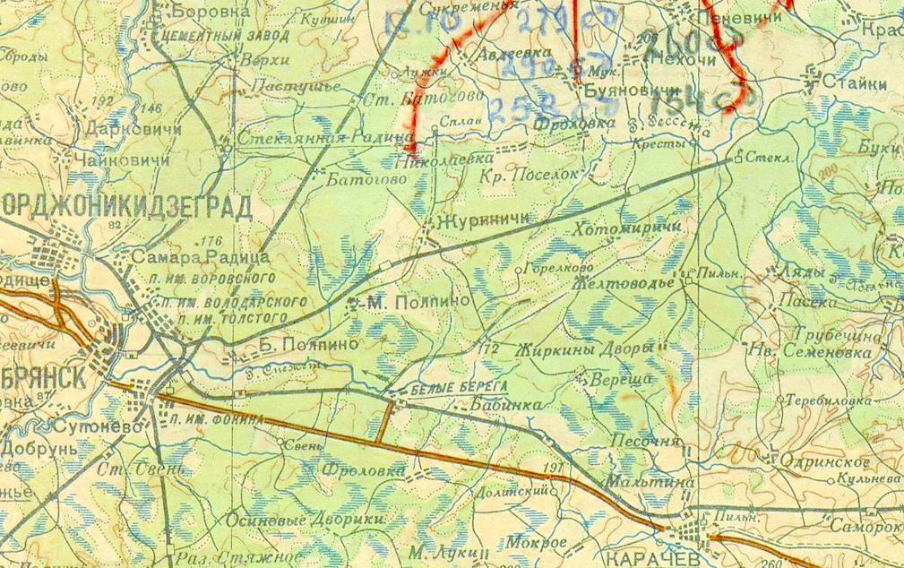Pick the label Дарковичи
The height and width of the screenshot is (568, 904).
tap(124, 128)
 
